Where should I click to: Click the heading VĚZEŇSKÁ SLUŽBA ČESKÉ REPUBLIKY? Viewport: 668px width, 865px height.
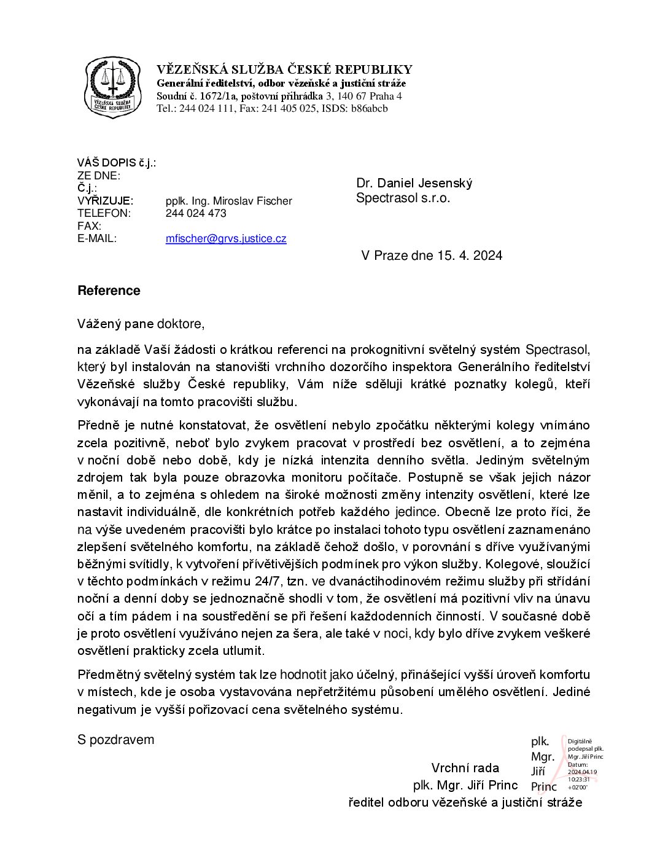[x=284, y=69]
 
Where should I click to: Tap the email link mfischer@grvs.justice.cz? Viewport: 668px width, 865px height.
[x=226, y=238]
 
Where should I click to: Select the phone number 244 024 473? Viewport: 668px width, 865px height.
[x=196, y=213]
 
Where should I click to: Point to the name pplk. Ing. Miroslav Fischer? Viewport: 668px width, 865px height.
[x=228, y=201]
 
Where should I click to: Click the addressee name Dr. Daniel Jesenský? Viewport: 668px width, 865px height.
[x=414, y=183]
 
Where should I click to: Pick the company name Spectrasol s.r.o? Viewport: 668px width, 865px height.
[x=403, y=198]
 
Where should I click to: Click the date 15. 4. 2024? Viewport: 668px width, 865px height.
[x=470, y=256]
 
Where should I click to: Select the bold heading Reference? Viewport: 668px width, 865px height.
[x=109, y=291]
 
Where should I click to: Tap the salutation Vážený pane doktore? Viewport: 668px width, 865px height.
[x=141, y=324]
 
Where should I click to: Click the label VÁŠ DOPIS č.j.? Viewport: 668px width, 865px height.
[x=116, y=163]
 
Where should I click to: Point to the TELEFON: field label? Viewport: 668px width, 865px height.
[x=104, y=213]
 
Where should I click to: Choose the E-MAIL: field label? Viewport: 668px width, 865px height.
[x=97, y=238]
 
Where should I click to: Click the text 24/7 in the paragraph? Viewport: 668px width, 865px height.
[x=268, y=581]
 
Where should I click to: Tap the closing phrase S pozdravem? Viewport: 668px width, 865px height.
[x=115, y=740]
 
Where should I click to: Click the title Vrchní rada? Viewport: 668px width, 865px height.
[x=465, y=768]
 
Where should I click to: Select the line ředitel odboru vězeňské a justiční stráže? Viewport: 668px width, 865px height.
[x=465, y=802]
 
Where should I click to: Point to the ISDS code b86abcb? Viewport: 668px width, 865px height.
[x=370, y=109]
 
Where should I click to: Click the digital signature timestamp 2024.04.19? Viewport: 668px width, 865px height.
[x=582, y=772]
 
